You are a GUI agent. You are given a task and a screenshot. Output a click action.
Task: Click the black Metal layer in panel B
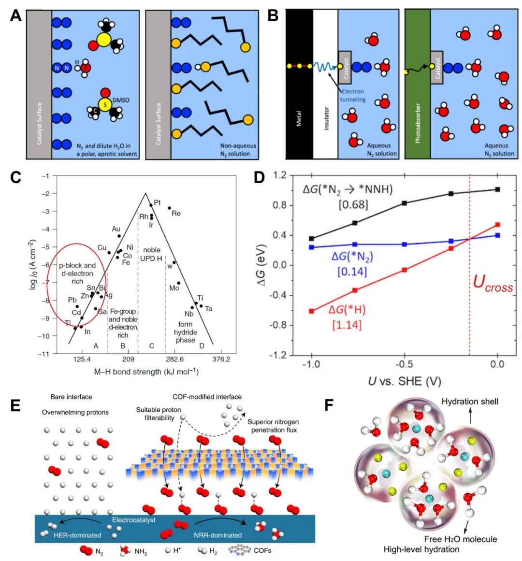299,85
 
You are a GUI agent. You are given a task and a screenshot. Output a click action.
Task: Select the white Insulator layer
325,85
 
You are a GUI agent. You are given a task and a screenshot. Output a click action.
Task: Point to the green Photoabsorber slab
417,85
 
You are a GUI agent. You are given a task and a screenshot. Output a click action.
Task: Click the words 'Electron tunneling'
352,95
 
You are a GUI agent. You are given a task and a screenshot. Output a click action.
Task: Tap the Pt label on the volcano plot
157,202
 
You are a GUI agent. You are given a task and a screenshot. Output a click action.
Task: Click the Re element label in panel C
176,213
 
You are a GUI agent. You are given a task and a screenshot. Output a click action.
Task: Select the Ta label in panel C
208,308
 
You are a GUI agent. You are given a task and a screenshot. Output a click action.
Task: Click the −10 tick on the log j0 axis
44,336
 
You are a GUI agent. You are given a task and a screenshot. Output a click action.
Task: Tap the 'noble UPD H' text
152,255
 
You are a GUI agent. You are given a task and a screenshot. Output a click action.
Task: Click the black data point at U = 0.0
497,189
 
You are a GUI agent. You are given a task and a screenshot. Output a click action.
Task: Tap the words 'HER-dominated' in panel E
78,535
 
